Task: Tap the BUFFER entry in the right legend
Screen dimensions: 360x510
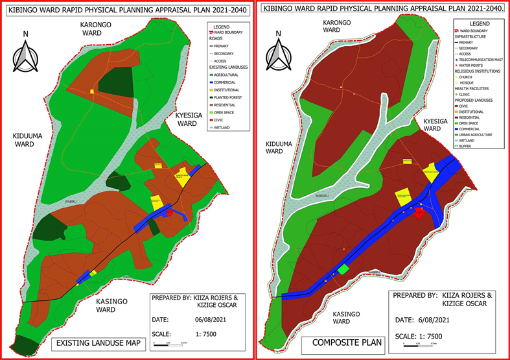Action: point(470,146)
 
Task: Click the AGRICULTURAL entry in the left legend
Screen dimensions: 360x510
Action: point(226,75)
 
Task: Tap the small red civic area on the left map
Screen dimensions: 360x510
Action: point(170,211)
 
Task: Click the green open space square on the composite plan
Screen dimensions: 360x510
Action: point(343,268)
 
